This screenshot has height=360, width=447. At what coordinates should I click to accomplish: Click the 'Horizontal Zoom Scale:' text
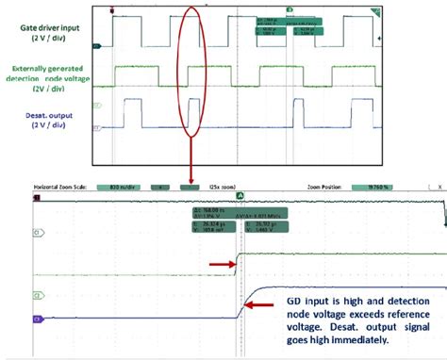tap(64, 187)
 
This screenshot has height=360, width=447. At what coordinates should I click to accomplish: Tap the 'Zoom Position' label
tap(325, 187)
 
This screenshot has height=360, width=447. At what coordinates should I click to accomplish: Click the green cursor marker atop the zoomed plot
tap(240, 195)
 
